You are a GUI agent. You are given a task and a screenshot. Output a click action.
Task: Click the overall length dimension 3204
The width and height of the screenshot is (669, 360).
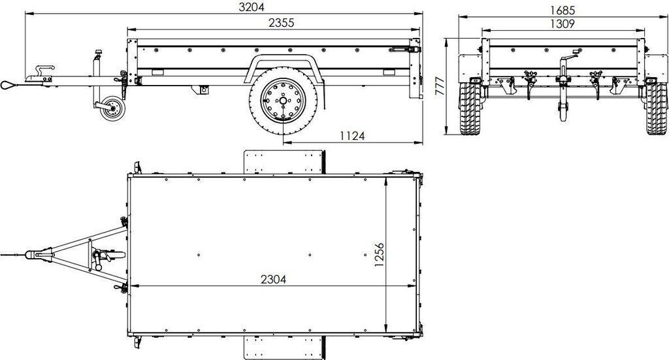pos(252,7)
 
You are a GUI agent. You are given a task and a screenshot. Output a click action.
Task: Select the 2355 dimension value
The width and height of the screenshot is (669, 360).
pos(281,23)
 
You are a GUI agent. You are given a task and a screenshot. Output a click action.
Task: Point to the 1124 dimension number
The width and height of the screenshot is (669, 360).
pos(352,136)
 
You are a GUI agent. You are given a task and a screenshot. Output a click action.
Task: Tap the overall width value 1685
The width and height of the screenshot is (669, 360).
pos(563,10)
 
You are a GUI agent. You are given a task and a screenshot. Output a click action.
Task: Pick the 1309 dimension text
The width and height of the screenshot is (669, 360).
pos(563,24)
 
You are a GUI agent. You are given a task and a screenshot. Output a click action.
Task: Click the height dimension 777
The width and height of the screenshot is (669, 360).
pos(440,86)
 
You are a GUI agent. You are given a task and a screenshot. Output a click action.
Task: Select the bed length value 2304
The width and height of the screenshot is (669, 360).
pos(274,280)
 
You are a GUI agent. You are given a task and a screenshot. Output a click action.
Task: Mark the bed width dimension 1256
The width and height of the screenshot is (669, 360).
pos(379,255)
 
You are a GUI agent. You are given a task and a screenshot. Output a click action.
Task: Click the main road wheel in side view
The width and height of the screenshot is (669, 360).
pos(283,101)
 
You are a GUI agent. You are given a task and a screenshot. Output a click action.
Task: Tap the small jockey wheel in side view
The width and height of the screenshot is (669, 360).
pos(112,108)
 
